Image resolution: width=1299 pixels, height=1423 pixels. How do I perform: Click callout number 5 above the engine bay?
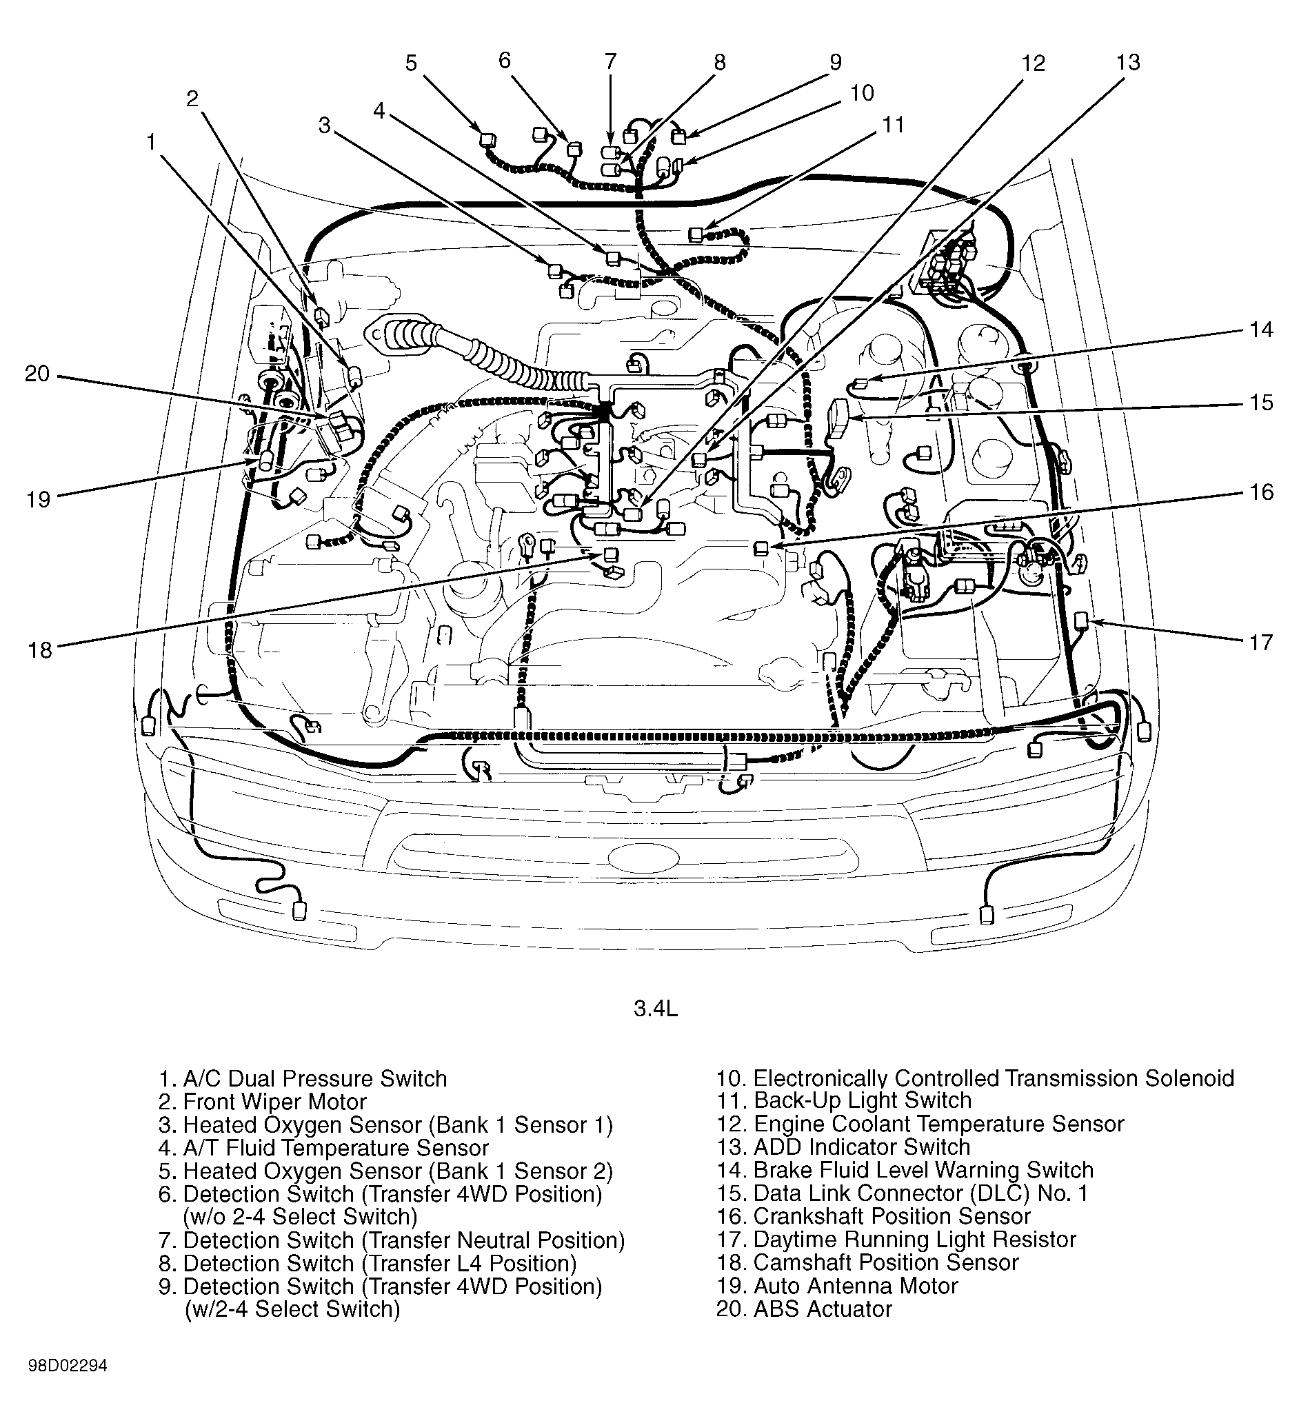tap(411, 63)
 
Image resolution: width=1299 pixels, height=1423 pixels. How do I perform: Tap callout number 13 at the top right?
tap(1127, 63)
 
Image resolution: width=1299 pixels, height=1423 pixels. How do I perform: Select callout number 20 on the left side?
tap(37, 374)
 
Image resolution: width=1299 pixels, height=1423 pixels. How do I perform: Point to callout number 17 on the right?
tap(1260, 643)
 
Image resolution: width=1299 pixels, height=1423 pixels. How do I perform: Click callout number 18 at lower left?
tap(40, 649)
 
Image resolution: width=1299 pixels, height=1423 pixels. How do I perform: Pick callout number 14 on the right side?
tap(1261, 330)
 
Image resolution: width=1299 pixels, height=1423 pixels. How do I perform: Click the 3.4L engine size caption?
tap(655, 1009)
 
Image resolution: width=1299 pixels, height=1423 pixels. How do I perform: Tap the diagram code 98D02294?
tap(68, 1386)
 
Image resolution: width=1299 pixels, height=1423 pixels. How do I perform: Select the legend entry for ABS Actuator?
tap(804, 1309)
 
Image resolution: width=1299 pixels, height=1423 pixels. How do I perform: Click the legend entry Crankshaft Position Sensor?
tap(874, 1216)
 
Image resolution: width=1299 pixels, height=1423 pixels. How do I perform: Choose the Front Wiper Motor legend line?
tap(263, 1102)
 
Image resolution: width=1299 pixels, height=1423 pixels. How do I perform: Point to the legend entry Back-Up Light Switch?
tap(844, 1100)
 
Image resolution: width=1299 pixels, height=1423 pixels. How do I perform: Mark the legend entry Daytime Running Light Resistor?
tap(896, 1240)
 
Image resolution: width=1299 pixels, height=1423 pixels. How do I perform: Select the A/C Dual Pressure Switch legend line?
tap(303, 1078)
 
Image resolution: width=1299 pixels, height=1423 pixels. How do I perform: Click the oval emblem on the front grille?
tap(642, 857)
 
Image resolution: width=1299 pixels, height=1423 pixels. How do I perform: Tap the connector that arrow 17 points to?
tap(1081, 620)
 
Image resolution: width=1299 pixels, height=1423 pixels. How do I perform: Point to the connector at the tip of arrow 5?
tap(485, 139)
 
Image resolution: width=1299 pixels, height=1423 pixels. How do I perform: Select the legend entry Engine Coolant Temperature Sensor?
tap(920, 1124)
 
